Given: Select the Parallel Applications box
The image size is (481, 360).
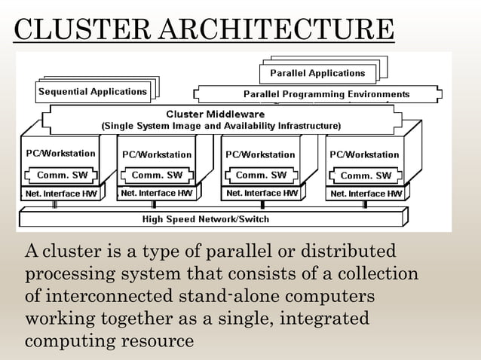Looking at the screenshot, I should [x=312, y=73].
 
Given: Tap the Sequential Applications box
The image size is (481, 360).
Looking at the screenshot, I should [x=93, y=92].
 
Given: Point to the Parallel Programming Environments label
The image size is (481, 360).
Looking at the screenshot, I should [x=326, y=95].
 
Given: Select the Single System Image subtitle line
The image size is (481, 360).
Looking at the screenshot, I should [x=221, y=124].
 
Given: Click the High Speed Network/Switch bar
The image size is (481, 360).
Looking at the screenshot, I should [x=206, y=219].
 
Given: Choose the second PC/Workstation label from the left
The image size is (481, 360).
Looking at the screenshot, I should [x=157, y=154].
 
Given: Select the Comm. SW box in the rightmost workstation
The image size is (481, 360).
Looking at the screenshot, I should [x=366, y=175].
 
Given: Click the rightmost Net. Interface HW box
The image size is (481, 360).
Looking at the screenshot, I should [x=366, y=194].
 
